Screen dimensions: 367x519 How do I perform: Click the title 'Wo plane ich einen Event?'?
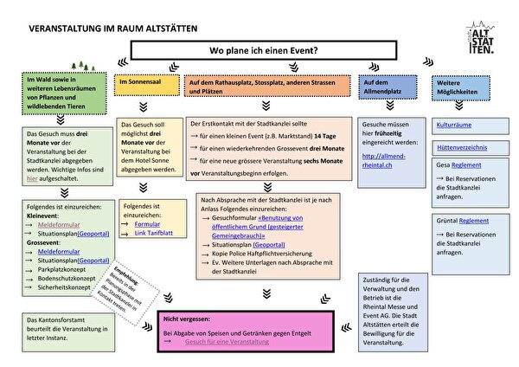click(x=268, y=51)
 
